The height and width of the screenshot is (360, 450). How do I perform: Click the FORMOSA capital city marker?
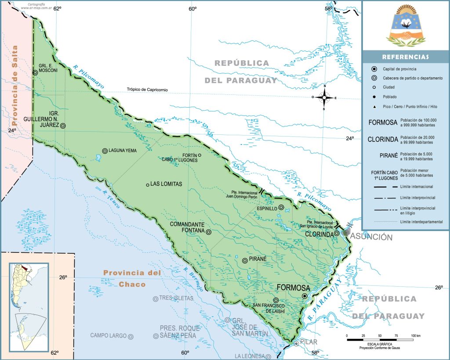point(305,296)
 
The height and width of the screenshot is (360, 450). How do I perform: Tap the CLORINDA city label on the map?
point(319,234)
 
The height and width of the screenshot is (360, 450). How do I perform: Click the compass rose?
point(324,97)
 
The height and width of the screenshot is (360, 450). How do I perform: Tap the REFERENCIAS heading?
point(405,57)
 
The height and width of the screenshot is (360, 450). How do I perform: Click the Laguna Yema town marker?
point(105,151)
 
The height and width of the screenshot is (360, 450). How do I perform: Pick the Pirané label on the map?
point(258,259)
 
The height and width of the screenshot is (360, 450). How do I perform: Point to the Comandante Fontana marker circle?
point(208,232)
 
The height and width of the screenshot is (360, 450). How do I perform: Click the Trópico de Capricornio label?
point(148,90)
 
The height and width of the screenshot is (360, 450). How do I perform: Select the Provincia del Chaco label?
point(132,278)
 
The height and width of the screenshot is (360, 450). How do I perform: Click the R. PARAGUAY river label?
point(324,301)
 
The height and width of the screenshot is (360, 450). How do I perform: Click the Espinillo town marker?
point(281,207)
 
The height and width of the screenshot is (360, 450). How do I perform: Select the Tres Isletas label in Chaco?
point(176,298)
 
